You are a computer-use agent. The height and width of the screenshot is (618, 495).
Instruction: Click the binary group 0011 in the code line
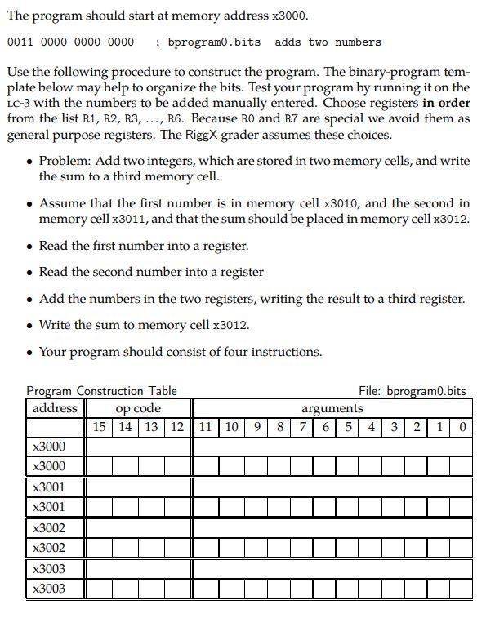[20, 42]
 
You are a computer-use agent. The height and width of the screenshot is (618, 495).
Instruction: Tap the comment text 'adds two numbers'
[328, 42]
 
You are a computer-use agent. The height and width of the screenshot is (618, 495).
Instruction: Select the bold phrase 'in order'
[446, 103]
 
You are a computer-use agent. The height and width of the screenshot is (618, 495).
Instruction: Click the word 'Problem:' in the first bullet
[65, 161]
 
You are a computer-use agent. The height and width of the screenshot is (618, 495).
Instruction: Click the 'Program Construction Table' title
[101, 391]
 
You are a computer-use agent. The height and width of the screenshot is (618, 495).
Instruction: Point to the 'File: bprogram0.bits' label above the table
[412, 391]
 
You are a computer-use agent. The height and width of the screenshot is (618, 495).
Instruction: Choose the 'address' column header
[56, 408]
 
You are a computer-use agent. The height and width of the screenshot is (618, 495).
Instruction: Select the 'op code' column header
[138, 408]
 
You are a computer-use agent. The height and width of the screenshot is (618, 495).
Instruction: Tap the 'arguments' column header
[332, 408]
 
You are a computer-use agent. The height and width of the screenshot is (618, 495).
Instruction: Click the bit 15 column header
[100, 427]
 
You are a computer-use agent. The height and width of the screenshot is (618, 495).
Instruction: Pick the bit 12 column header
[176, 427]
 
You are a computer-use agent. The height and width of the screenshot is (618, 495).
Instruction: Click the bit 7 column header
[302, 427]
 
